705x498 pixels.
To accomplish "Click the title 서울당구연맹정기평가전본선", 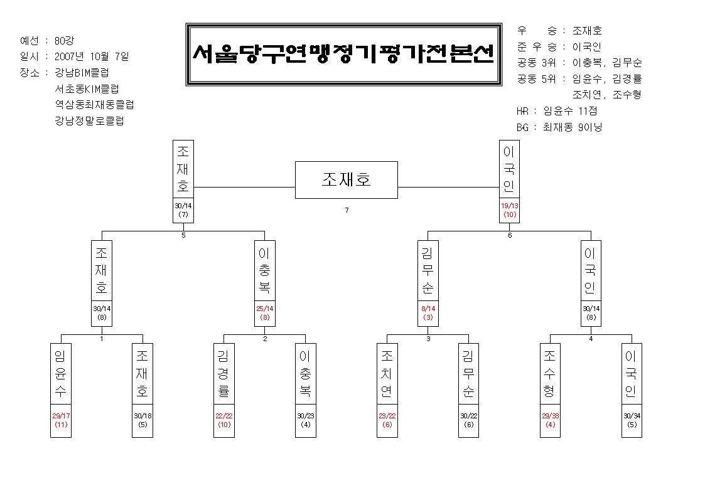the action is coord(344,54).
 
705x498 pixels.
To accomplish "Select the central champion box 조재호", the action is coord(346,179).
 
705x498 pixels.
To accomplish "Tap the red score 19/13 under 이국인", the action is coord(509,206).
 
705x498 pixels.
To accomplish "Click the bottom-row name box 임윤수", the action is coord(61,374).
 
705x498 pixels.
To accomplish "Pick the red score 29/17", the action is coord(61,416).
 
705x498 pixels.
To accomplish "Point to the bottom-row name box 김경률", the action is coord(224,374).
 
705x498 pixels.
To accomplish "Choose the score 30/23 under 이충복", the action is coord(305,416).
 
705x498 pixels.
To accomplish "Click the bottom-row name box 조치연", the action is coord(387,374).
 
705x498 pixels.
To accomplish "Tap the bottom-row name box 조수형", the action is coord(550,374).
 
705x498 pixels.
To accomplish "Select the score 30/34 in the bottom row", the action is coord(632,416).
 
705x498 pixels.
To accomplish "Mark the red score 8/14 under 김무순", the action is coord(428,309).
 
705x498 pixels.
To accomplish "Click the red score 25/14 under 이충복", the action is coord(265,309).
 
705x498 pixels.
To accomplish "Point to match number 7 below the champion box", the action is coord(347,210).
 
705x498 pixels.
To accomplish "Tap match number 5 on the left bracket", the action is coord(183,235).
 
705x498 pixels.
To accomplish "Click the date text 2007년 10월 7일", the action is coord(92,56).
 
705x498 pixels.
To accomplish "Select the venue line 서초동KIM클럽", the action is coord(87,88).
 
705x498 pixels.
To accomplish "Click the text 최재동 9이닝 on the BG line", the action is coord(573,127).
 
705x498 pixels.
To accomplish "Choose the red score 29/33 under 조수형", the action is coord(551,416).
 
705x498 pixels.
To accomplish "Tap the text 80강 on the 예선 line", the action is coord(64,40).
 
